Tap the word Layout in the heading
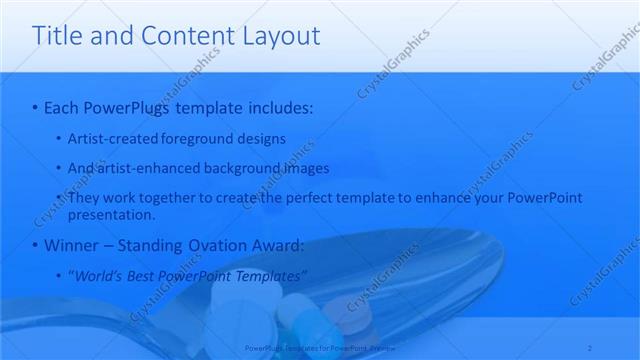click(281, 37)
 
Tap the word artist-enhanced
click(141, 168)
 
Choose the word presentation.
click(110, 214)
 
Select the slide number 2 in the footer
click(593, 348)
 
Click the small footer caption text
click(319, 348)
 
